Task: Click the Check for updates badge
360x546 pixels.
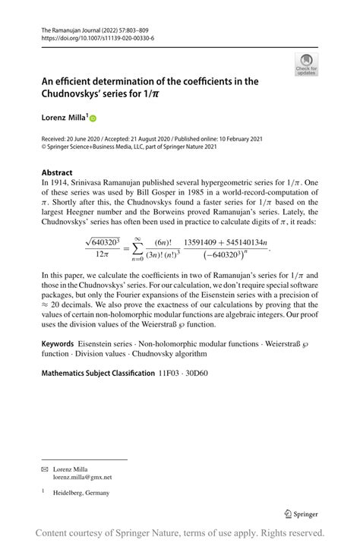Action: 306,64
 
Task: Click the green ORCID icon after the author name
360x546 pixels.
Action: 93,118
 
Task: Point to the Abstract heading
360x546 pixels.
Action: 57,172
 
